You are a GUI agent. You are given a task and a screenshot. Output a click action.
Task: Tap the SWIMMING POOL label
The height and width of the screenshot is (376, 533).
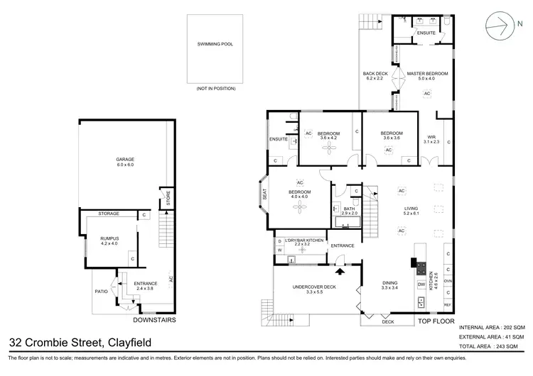pos(215,44)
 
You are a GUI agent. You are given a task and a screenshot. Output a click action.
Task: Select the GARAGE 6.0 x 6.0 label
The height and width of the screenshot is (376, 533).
pos(125,162)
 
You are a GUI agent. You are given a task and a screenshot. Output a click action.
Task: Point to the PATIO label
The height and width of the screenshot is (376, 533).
pos(101,290)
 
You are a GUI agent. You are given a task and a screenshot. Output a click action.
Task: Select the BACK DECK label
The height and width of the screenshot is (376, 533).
pos(375,77)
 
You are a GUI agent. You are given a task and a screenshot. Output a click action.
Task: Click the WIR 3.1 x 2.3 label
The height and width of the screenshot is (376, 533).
pos(431,139)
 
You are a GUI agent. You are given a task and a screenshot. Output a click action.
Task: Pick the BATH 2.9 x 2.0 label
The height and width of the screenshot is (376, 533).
pos(350,211)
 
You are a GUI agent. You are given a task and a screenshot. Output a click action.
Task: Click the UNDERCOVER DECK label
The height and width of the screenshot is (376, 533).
pos(308,289)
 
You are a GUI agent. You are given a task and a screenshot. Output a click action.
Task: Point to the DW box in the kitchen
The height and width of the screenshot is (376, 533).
pos(421,284)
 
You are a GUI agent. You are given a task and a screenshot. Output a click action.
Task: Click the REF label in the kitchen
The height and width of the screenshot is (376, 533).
pos(447,304)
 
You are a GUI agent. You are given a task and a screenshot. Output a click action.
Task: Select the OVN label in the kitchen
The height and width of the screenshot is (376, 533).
pos(447,280)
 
